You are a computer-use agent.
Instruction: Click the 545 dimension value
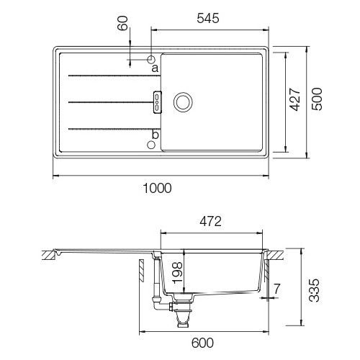(208, 19)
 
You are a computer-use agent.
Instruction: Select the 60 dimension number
(122, 23)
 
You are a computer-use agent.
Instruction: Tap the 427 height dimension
(295, 99)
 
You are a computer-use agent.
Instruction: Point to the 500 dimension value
(317, 99)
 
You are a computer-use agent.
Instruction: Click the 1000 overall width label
(157, 188)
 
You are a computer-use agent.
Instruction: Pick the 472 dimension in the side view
(210, 222)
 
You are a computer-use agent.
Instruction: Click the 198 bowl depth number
(177, 273)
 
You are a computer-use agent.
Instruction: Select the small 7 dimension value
(277, 289)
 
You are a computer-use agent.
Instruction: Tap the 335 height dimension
(314, 290)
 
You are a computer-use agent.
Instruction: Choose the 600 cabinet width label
(202, 343)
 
